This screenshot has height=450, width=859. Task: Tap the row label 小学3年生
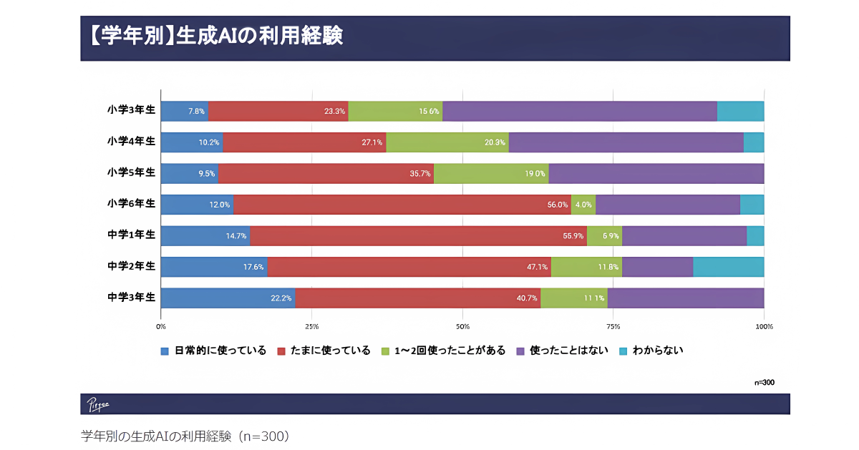(x=131, y=110)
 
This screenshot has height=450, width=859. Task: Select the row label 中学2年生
(x=131, y=266)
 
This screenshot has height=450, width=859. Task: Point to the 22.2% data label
(x=281, y=298)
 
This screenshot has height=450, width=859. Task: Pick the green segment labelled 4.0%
(x=583, y=205)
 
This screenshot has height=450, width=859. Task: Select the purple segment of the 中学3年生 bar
(x=686, y=298)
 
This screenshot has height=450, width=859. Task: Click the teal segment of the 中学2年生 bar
(x=729, y=267)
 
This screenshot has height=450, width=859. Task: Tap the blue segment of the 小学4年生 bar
(x=191, y=142)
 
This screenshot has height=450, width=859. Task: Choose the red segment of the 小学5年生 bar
(x=326, y=174)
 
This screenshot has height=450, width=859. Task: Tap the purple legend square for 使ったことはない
(x=520, y=351)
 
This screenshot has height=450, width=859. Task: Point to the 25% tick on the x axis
(x=311, y=326)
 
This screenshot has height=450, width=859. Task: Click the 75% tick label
(x=613, y=326)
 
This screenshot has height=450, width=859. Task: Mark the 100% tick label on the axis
(x=764, y=326)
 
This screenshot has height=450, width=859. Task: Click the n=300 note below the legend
(x=764, y=383)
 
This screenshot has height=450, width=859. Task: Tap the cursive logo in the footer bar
(x=98, y=404)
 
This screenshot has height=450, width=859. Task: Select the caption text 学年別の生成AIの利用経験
(x=185, y=436)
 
